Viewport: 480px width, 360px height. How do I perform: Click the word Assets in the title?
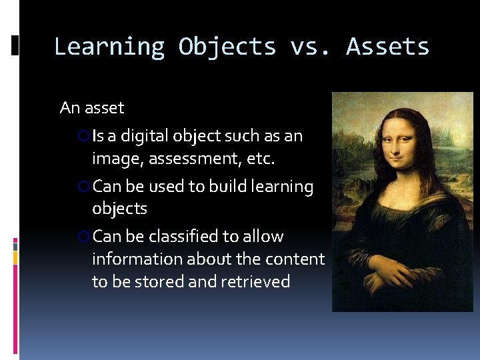point(387,47)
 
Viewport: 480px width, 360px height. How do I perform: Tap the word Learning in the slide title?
point(109,47)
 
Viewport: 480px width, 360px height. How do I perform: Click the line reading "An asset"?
point(92,107)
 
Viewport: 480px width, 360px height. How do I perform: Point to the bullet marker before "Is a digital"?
point(84,137)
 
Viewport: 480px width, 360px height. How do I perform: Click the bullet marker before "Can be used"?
point(84,187)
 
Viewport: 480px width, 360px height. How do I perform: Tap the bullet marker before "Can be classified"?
point(84,237)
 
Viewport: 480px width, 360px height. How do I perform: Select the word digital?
point(144,137)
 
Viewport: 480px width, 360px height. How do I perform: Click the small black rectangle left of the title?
point(15,45)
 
